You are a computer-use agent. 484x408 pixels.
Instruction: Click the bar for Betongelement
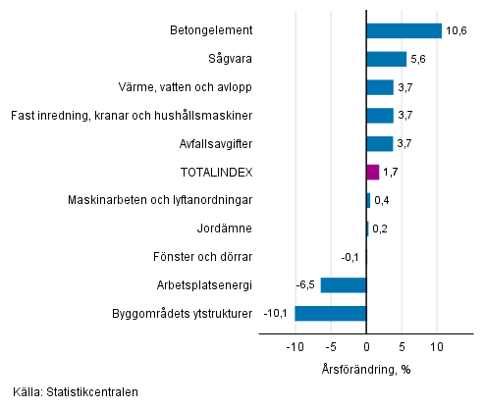point(403,30)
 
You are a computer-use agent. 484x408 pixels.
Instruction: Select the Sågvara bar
point(386,59)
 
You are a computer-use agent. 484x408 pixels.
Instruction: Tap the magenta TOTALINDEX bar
point(372,173)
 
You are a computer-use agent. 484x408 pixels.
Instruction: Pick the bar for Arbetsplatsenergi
point(343,285)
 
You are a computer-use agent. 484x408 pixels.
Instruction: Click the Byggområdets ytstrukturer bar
point(330,314)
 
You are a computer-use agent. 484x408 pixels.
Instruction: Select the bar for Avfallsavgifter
point(379,144)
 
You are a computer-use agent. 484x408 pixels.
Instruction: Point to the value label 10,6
point(456,30)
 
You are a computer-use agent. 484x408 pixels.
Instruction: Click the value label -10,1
point(277,314)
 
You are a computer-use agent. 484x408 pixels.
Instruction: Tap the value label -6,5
point(304,285)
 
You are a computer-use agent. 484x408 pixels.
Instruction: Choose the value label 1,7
point(391,173)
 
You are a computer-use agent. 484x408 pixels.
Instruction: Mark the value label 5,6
point(418,59)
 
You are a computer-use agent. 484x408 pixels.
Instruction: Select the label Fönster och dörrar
point(202,257)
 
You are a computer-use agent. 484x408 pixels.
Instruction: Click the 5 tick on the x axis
point(402,347)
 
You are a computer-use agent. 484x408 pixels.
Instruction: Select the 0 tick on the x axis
point(366,347)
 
